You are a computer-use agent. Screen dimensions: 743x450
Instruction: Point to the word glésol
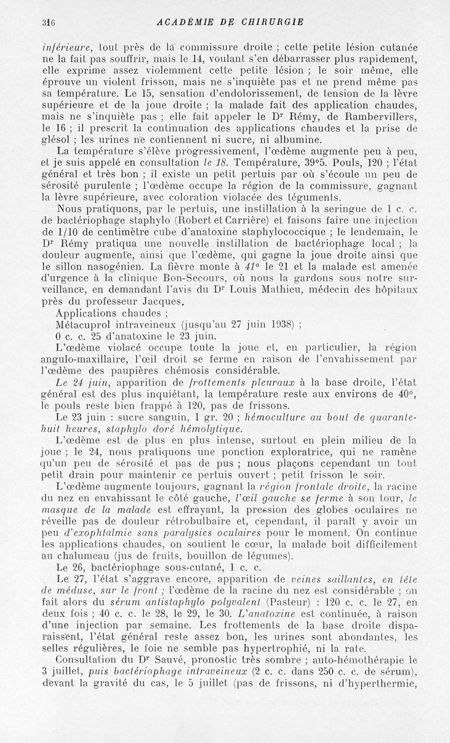pyautogui.click(x=56, y=140)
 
